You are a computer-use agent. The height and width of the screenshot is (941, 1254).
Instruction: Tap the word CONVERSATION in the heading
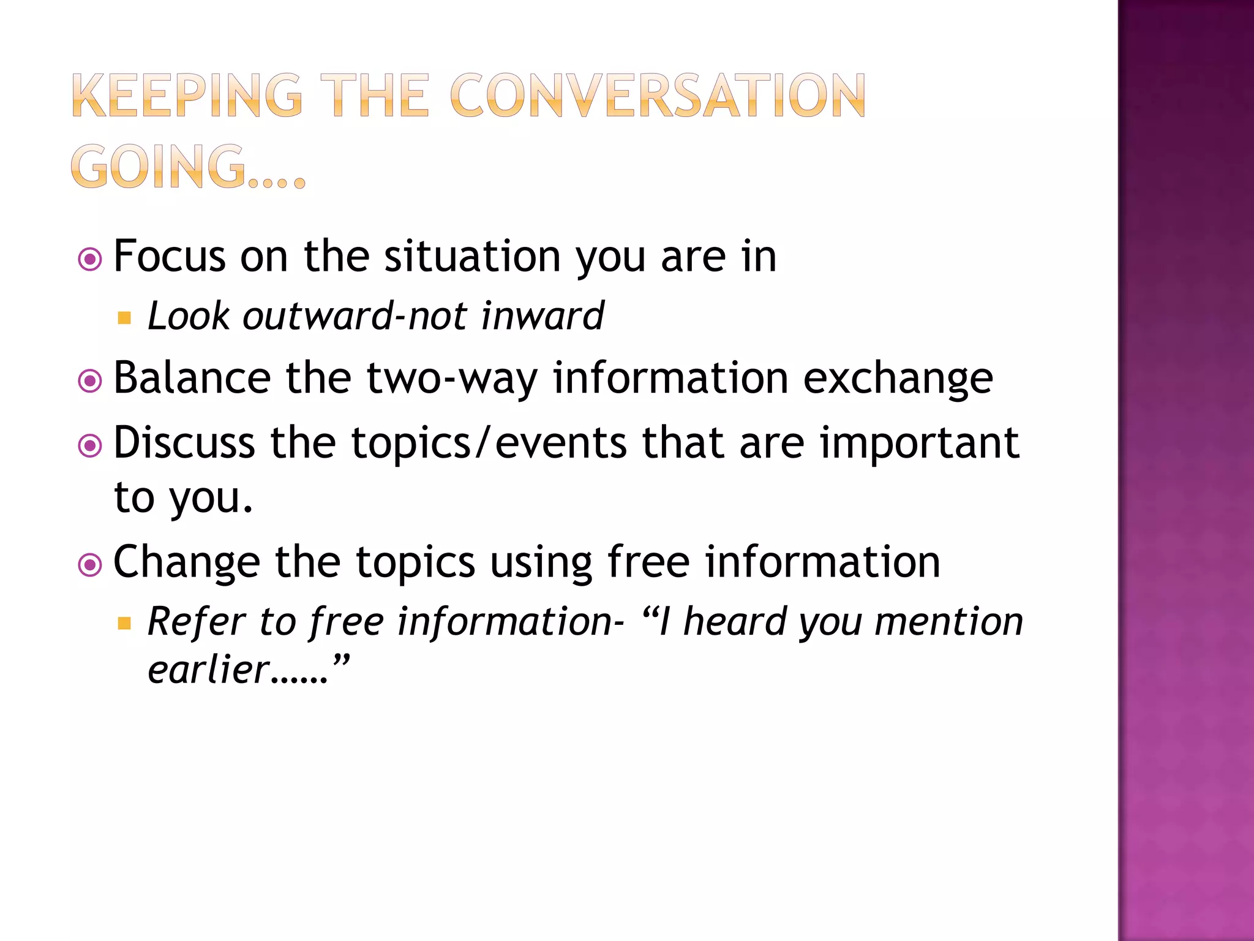coord(658,96)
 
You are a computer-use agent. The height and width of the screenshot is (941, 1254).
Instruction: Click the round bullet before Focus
coord(90,259)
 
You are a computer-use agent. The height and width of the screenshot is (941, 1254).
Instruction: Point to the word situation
coord(471,256)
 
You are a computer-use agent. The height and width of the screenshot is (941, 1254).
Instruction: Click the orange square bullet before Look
coord(124,318)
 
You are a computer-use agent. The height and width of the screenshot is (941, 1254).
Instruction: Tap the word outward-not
coord(355,316)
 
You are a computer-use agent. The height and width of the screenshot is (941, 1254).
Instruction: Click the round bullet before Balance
coord(90,381)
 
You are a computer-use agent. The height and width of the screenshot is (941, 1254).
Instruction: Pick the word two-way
coord(452,378)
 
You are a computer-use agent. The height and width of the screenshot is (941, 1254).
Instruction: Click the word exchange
coord(898,378)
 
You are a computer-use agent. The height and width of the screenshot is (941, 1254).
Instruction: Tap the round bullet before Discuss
coord(90,445)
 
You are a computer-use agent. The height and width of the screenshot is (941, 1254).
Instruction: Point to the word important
coord(919,442)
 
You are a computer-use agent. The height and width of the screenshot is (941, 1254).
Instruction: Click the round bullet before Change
coord(90,565)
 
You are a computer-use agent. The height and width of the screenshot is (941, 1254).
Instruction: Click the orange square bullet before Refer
coord(124,624)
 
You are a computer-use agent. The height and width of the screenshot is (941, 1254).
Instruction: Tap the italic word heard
coord(734,621)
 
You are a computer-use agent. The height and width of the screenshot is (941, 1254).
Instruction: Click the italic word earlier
coord(208,669)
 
